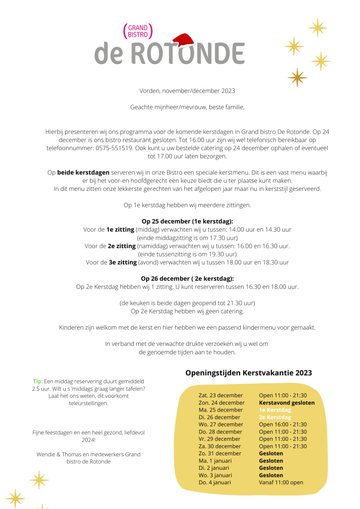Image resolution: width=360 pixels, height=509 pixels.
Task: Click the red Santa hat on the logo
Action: [x=182, y=40]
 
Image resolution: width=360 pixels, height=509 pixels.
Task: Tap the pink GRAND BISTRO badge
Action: [x=137, y=31]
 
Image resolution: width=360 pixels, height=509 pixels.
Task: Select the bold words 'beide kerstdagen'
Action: [x=84, y=172]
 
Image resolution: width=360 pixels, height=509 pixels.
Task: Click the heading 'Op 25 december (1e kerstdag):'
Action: [x=187, y=221]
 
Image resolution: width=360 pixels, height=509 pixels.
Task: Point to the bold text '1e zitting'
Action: [x=120, y=229]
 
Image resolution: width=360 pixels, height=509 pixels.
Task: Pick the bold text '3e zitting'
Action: [x=123, y=262]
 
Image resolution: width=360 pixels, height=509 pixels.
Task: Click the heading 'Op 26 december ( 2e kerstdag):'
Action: [x=187, y=278]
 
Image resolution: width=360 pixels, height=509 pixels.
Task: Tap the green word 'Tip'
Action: [x=37, y=381]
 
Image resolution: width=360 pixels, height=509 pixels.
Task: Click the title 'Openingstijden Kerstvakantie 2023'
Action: [x=249, y=372]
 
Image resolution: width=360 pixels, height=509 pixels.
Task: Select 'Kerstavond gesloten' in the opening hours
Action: [x=286, y=403]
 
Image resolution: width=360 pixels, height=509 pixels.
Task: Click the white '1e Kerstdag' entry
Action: [x=275, y=410]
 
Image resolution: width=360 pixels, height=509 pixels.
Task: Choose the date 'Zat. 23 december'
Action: [x=221, y=395]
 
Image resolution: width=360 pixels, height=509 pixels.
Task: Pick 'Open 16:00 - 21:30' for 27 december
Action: [x=282, y=424]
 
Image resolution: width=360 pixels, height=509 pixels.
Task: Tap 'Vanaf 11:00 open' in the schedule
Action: [x=281, y=482]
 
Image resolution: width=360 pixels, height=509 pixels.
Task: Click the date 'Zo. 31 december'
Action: [x=220, y=453]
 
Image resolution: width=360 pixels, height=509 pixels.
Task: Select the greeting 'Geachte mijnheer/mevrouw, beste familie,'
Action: [x=187, y=107]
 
